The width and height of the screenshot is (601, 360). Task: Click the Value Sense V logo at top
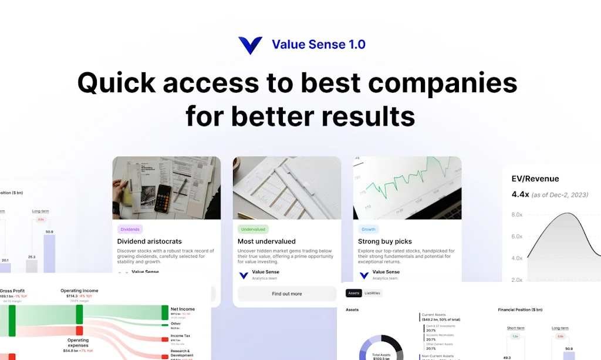pos(250,45)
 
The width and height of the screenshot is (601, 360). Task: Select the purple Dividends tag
pos(130,230)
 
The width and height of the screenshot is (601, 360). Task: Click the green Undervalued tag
pos(253,230)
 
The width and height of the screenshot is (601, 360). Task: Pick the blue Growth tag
pos(369,230)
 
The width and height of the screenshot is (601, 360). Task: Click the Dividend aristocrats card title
pos(149,241)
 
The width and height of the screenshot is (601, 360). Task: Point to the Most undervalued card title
pos(266,241)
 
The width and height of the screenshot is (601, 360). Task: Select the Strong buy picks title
pos(385,241)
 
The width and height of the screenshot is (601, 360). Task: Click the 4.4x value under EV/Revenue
pos(520,194)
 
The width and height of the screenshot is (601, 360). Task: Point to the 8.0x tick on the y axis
pos(517,215)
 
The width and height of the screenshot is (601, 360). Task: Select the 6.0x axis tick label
pos(517,237)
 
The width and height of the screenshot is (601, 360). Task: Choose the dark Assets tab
pos(353,293)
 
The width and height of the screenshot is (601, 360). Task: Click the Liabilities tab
pos(372,293)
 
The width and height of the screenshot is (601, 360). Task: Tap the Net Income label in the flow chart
pos(183,309)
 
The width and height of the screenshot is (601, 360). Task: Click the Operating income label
pos(79,291)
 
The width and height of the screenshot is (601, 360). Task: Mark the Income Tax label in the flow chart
pos(180,336)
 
